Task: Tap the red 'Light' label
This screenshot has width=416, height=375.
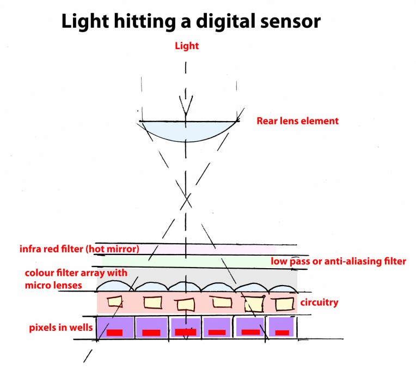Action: tap(186, 46)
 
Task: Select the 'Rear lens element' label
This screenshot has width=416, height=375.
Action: tap(297, 121)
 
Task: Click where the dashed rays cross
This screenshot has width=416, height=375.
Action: tap(187, 201)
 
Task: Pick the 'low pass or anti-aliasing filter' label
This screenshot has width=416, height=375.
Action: tap(338, 262)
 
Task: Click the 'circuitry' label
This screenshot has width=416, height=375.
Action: tap(319, 302)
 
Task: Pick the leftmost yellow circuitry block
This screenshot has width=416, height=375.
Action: tap(114, 301)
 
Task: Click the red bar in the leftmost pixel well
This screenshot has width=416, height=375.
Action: tap(114, 332)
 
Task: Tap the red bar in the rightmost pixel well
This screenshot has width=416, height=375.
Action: tap(282, 332)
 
